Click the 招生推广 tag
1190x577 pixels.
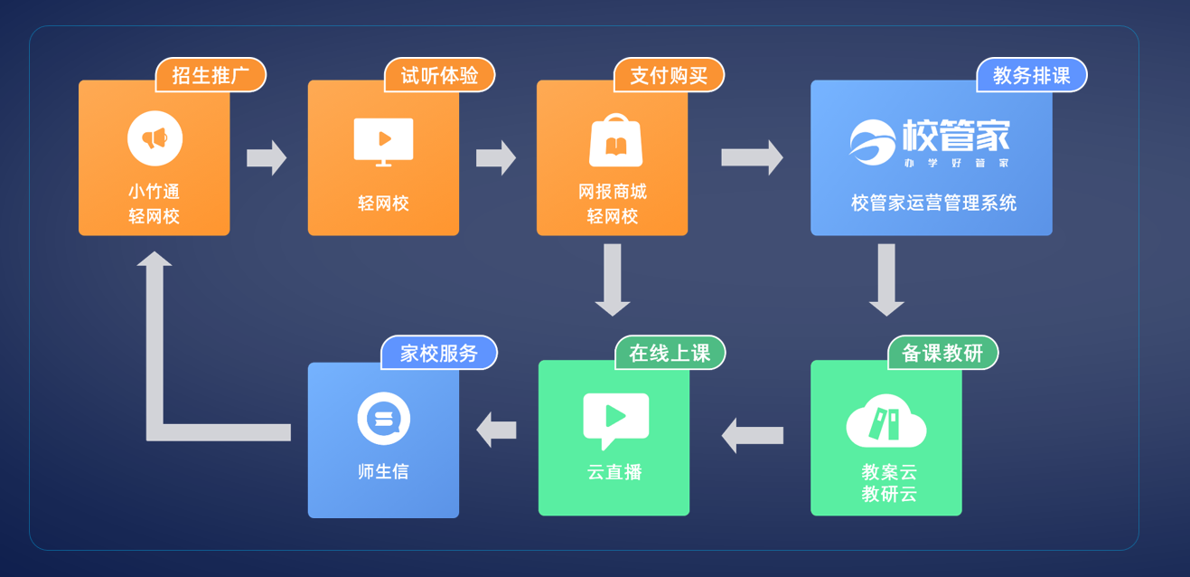click(x=211, y=75)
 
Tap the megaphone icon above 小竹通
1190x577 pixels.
click(x=155, y=138)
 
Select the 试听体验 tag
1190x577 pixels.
click(x=440, y=75)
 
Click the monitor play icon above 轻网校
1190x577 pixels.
click(x=383, y=141)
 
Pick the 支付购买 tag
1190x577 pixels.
click(x=669, y=75)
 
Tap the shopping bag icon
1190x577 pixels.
click(x=615, y=141)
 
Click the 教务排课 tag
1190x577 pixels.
click(x=1031, y=75)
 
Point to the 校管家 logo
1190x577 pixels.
click(x=930, y=143)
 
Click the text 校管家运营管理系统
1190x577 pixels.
click(x=933, y=203)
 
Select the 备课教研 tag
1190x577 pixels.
click(x=942, y=353)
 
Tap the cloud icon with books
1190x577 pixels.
click(x=885, y=421)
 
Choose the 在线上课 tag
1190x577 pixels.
click(x=670, y=353)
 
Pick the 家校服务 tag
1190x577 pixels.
click(x=439, y=353)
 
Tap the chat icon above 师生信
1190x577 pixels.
click(x=384, y=419)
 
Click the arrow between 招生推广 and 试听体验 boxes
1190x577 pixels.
click(x=267, y=157)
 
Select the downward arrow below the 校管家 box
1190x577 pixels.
click(x=886, y=279)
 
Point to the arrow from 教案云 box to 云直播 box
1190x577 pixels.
click(x=752, y=435)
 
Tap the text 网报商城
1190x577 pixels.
click(x=613, y=192)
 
